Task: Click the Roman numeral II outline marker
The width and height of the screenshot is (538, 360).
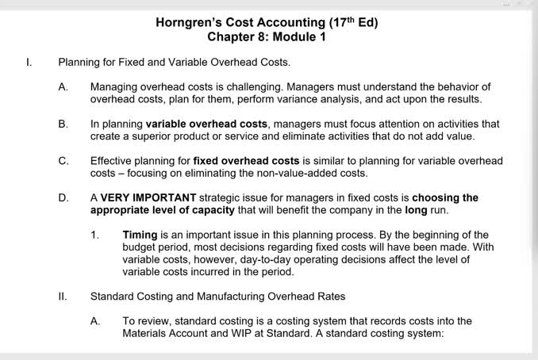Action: pyautogui.click(x=62, y=297)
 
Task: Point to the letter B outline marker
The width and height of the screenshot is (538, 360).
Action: pyautogui.click(x=63, y=124)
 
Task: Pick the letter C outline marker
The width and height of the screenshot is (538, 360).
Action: pyautogui.click(x=63, y=161)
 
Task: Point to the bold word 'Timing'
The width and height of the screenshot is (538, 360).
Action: pyautogui.click(x=140, y=236)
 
